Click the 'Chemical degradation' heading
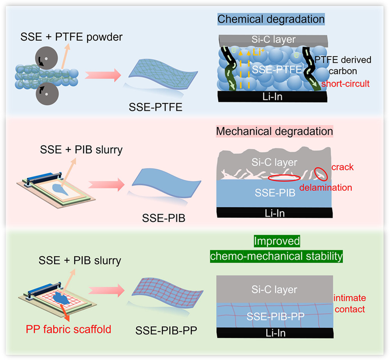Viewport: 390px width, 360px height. pyautogui.click(x=271, y=19)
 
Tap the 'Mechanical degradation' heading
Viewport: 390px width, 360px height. pyautogui.click(x=274, y=131)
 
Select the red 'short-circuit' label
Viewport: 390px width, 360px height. pyautogui.click(x=345, y=84)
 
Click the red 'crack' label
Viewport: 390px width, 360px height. pyautogui.click(x=343, y=167)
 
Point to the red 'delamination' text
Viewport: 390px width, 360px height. pyautogui.click(x=326, y=187)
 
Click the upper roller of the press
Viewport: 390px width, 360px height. pyautogui.click(x=46, y=58)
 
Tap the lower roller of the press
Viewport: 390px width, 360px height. pyautogui.click(x=47, y=94)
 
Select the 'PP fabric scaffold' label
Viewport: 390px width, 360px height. pyautogui.click(x=68, y=329)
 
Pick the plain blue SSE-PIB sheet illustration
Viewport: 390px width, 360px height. pyautogui.click(x=166, y=182)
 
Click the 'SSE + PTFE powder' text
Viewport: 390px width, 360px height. pyautogui.click(x=71, y=37)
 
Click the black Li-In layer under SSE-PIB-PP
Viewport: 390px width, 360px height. pyautogui.click(x=275, y=333)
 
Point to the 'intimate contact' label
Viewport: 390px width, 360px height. pyautogui.click(x=350, y=304)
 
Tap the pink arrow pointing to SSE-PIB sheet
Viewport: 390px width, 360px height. pyautogui.click(x=106, y=184)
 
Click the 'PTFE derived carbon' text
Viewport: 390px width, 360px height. pyautogui.click(x=343, y=65)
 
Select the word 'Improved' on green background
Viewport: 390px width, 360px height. pyautogui.click(x=277, y=241)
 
